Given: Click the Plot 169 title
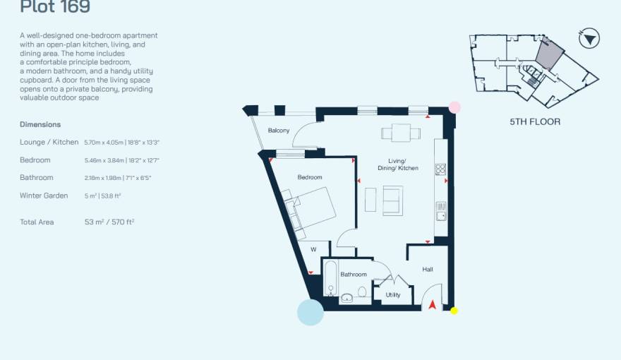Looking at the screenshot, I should pos(55,8).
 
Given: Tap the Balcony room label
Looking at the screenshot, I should pos(279,131).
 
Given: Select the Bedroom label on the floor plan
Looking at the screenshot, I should pos(309,177).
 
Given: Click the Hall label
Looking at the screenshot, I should pos(428,269).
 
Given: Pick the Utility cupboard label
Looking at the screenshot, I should pos(393,295).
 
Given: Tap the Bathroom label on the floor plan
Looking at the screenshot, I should pos(354,275).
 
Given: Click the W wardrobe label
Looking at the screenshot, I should pos(313,249).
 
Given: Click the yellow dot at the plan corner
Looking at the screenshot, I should pos(454,311).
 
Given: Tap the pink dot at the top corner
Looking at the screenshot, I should pos(455,107).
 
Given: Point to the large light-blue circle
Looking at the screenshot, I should pos(310,311).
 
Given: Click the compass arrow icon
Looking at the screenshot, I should pos(589,38).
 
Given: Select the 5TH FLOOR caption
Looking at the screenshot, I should pos(535,121).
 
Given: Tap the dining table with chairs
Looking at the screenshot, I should pos(396,132).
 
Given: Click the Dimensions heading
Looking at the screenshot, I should pos(40,124).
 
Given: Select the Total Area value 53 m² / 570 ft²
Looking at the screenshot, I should pos(109,222).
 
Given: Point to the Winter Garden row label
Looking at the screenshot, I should pos(44,196).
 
